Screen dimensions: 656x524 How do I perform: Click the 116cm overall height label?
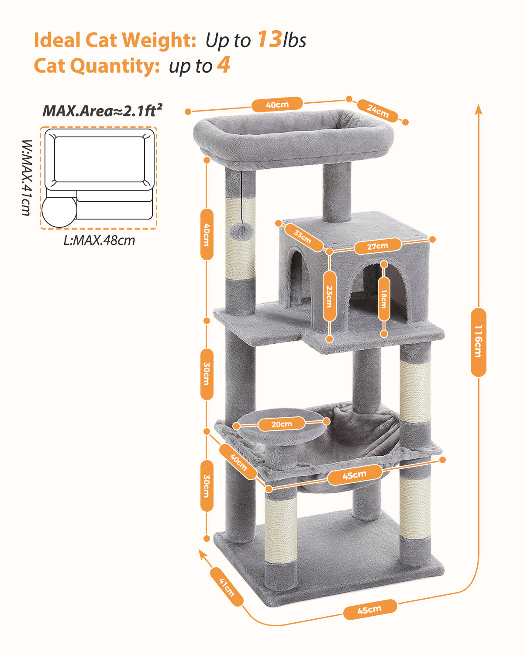479,342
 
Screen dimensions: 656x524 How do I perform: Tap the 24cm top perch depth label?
378,111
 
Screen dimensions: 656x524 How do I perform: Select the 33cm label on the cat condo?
302,237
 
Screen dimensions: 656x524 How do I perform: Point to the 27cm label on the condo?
377,246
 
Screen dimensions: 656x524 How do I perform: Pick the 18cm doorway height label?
384,299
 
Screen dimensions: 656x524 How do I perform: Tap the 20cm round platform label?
282,424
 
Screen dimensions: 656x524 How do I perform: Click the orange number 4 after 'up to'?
223,66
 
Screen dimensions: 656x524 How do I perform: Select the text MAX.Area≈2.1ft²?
102,111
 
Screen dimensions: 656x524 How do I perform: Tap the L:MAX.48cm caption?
99,240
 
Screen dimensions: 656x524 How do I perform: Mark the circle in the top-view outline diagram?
59,211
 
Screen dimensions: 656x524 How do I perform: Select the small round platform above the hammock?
282,426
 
